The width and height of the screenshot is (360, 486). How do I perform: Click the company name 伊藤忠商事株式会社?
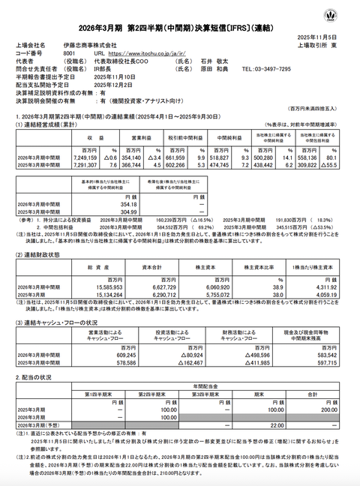(98, 46)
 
